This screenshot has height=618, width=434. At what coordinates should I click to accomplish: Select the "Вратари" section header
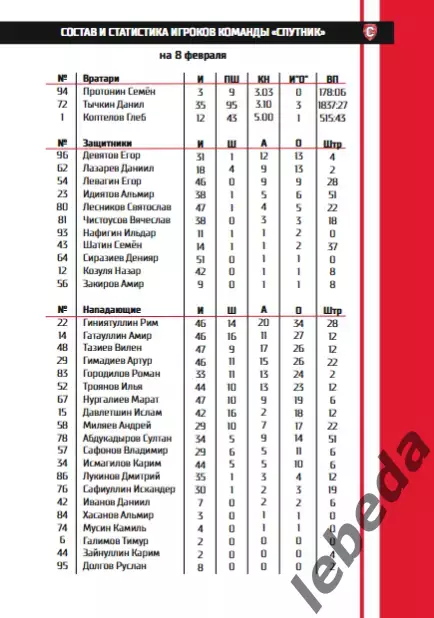tap(103, 77)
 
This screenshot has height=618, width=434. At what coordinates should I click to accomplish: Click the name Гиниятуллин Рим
tap(125, 323)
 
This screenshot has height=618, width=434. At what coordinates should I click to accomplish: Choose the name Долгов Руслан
tap(116, 566)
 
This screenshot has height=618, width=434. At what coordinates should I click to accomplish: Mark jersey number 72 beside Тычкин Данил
tap(62, 103)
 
